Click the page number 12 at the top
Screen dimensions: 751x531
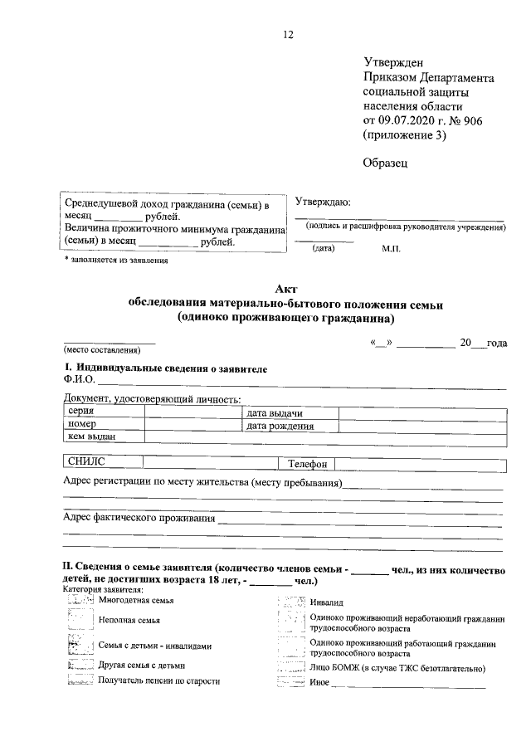click(289, 34)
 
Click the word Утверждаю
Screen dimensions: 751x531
click(324, 202)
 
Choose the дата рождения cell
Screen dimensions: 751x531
click(280, 426)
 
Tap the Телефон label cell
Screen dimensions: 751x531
click(308, 465)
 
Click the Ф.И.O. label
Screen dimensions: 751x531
click(80, 381)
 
